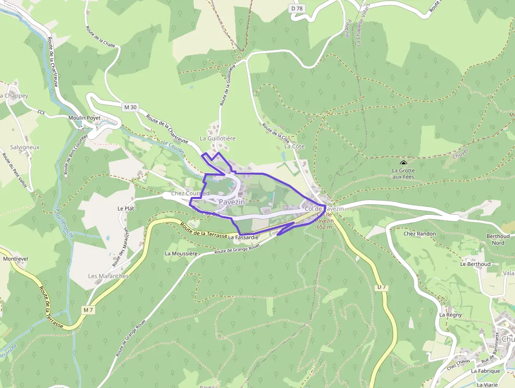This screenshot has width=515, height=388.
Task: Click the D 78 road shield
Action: pyautogui.click(x=297, y=8)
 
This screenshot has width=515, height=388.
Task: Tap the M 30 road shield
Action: pyautogui.click(x=130, y=107)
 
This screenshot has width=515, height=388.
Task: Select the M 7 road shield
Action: pyautogui.click(x=88, y=311)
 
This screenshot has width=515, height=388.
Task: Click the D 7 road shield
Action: pyautogui.click(x=382, y=287)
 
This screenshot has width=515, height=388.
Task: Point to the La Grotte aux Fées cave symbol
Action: pyautogui.click(x=404, y=164)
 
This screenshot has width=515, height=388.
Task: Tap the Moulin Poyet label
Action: pyautogui.click(x=84, y=118)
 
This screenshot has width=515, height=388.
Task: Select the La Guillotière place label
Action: pyautogui.click(x=218, y=138)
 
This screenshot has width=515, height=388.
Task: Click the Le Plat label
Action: pyautogui.click(x=126, y=208)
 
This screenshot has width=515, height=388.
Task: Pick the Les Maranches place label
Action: pyautogui.click(x=108, y=276)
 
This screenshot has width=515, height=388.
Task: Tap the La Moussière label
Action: pyautogui.click(x=181, y=253)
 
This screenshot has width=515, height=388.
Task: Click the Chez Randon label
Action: pyautogui.click(x=419, y=233)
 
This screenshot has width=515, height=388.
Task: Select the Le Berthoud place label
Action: pyautogui.click(x=475, y=264)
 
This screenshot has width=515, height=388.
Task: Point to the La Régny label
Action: pyautogui.click(x=450, y=315)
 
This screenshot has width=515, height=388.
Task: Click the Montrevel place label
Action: pyautogui.click(x=15, y=260)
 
